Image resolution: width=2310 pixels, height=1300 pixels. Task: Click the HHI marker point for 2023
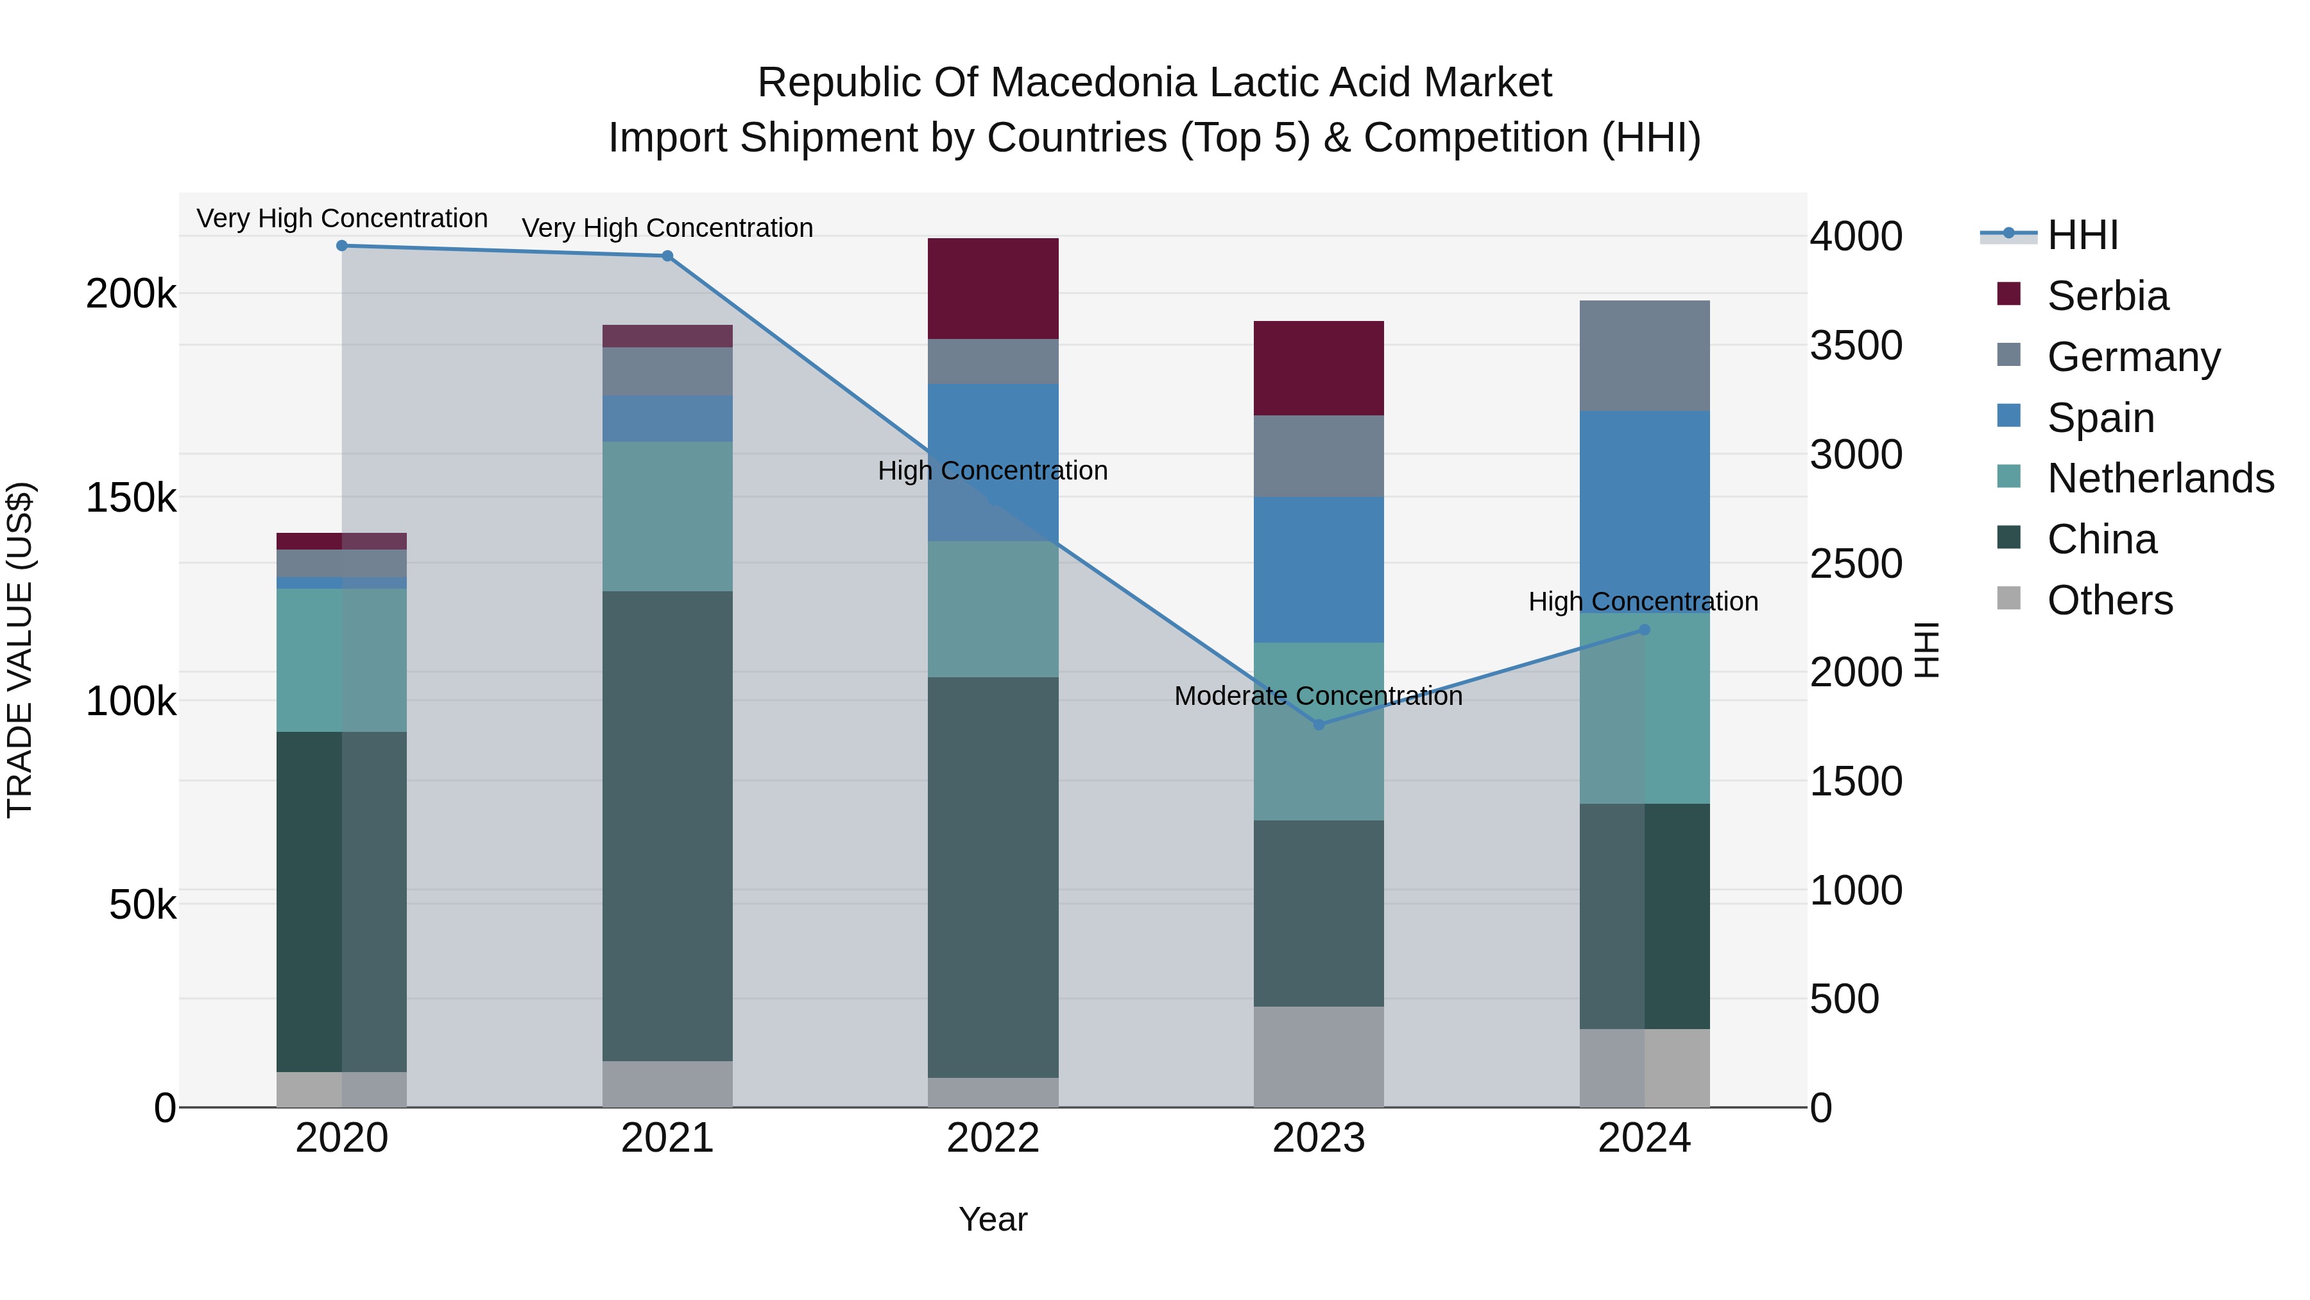pos(1318,724)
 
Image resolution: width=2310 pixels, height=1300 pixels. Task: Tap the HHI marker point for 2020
pos(341,246)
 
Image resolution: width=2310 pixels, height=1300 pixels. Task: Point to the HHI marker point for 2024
pos(1644,630)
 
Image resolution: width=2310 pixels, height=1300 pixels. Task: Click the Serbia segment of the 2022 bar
pos(993,288)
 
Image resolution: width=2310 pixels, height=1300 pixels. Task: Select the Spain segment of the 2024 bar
pos(1644,512)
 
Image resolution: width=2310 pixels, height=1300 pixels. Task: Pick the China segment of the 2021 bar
pos(667,826)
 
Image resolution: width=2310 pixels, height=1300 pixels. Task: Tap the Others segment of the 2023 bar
pos(1318,1056)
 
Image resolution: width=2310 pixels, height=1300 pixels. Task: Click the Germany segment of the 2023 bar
pos(1318,456)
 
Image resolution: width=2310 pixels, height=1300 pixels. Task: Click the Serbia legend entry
pos(2107,296)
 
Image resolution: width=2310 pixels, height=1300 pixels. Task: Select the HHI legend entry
pos(2082,235)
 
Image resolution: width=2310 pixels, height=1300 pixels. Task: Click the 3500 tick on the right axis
pos(1855,345)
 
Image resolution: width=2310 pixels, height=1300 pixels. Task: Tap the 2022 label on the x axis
pos(993,1138)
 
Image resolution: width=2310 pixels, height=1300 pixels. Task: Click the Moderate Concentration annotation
pos(1318,696)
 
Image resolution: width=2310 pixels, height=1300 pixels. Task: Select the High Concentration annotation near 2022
pos(993,471)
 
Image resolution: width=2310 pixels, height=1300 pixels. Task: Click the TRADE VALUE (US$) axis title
pos(20,650)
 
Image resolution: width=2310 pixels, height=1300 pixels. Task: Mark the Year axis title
pos(993,1219)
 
